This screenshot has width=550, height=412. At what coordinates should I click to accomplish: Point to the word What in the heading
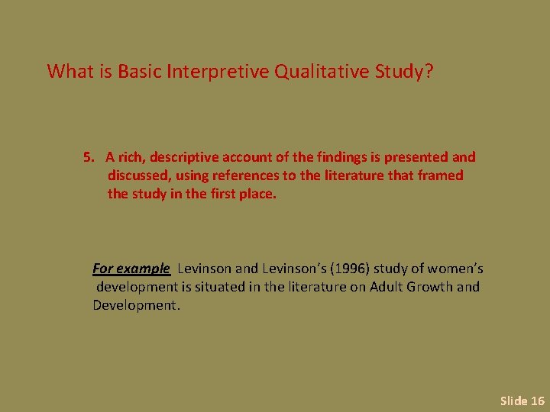point(73,72)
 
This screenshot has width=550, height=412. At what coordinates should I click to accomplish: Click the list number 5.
point(88,157)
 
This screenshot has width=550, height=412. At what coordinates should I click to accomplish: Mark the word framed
point(441,175)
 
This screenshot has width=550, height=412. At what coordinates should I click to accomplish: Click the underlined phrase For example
point(131,269)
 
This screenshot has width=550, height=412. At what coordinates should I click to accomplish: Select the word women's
point(455,269)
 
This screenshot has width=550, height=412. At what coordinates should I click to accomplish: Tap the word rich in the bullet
point(132,157)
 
